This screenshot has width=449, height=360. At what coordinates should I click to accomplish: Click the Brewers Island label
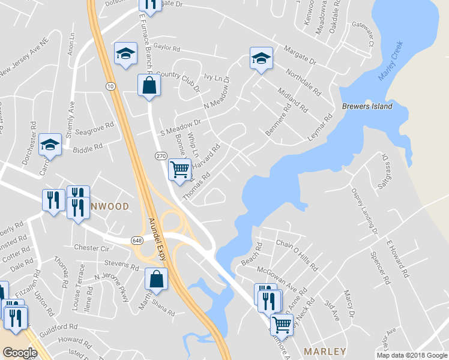click(367, 106)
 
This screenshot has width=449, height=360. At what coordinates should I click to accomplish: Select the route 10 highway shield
click(110, 86)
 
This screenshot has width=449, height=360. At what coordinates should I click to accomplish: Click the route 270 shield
click(161, 156)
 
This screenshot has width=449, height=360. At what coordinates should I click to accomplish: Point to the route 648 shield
click(137, 240)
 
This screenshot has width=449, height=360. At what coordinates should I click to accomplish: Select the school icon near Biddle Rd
click(50, 145)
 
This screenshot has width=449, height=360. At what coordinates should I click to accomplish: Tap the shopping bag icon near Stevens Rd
click(156, 279)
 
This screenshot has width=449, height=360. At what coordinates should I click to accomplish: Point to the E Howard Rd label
click(397, 258)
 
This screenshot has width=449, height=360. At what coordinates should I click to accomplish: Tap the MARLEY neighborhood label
click(325, 351)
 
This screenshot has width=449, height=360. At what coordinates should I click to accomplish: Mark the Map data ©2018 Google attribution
click(411, 355)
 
